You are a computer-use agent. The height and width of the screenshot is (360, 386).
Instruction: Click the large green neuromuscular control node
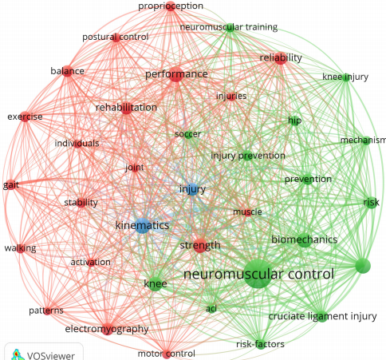[x=258, y=274]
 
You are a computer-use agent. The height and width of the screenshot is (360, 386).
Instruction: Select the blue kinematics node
[x=143, y=226]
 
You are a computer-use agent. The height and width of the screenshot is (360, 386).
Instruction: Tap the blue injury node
[x=192, y=189]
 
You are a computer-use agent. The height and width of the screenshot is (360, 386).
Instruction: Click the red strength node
[x=200, y=245]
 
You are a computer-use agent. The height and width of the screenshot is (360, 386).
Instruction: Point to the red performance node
[x=176, y=74]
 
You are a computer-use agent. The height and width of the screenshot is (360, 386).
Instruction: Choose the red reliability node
[x=281, y=58]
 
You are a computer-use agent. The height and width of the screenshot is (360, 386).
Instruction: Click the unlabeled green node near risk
[x=363, y=266]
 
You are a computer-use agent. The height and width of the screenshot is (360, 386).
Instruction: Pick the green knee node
[x=155, y=283]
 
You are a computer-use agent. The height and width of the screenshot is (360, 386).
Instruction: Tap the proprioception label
[x=171, y=6]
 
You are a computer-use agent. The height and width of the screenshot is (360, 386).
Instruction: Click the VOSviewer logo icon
[x=16, y=354]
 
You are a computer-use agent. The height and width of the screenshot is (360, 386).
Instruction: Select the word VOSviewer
[x=51, y=356]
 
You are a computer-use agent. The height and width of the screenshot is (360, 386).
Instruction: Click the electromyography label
[x=107, y=329]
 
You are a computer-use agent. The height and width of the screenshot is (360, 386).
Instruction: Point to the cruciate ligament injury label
[x=322, y=316]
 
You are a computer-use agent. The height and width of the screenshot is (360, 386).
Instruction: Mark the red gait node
[x=10, y=184]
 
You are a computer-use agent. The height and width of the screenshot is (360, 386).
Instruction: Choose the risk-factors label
[x=260, y=344]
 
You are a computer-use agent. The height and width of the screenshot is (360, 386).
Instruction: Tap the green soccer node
[x=188, y=135]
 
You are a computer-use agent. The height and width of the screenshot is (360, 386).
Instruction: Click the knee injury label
[x=345, y=77]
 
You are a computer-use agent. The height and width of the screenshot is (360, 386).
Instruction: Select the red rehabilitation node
[x=127, y=108]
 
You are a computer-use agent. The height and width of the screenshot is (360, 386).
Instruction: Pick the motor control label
[x=167, y=354]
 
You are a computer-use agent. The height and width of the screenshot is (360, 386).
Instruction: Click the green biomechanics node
[x=305, y=239]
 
